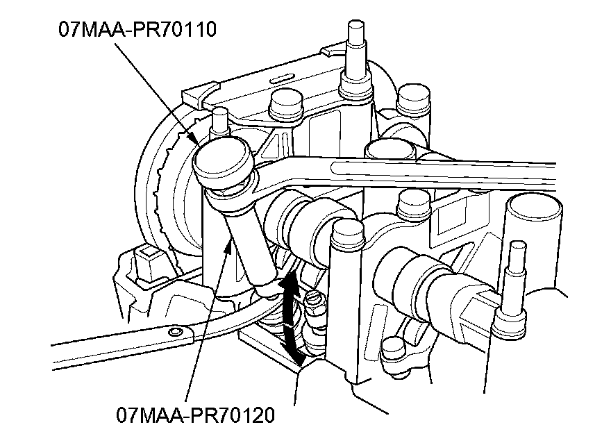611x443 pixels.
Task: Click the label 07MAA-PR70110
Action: coord(137,30)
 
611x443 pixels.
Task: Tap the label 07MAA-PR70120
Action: coord(195,415)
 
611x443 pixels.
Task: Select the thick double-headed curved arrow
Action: coord(290,317)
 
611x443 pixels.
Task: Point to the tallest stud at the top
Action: coord(355,58)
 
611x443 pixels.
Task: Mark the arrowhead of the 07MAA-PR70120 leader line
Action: coord(230,244)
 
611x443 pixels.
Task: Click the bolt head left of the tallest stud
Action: coord(286,103)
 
